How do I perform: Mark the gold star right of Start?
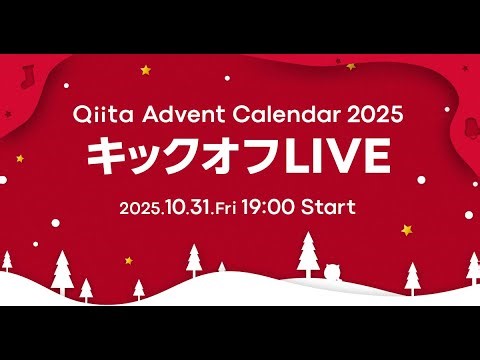(x=407, y=229)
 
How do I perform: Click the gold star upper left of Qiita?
(x=145, y=70)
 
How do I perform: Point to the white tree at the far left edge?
(x=6, y=262)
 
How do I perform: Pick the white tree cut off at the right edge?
(x=474, y=265)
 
